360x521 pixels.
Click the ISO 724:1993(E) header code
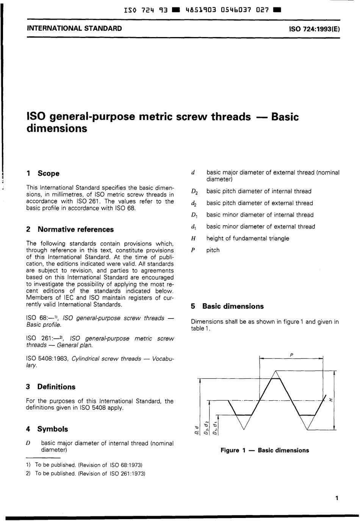coord(314,28)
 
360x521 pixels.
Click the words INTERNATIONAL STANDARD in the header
coord(74,28)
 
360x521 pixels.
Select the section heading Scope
coord(49,173)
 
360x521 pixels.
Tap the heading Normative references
coord(75,229)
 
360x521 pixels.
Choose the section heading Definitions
coord(56,387)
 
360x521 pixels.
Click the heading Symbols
coord(52,429)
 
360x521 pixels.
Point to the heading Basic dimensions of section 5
coord(233,306)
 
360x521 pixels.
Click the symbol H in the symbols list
coord(193,238)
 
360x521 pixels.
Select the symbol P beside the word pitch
coord(193,250)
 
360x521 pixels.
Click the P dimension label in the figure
coord(291,355)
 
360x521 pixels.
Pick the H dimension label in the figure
coord(330,399)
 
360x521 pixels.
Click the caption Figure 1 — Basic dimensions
coord(265,450)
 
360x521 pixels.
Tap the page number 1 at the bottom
coord(337,498)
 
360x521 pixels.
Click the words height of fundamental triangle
coord(247,238)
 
